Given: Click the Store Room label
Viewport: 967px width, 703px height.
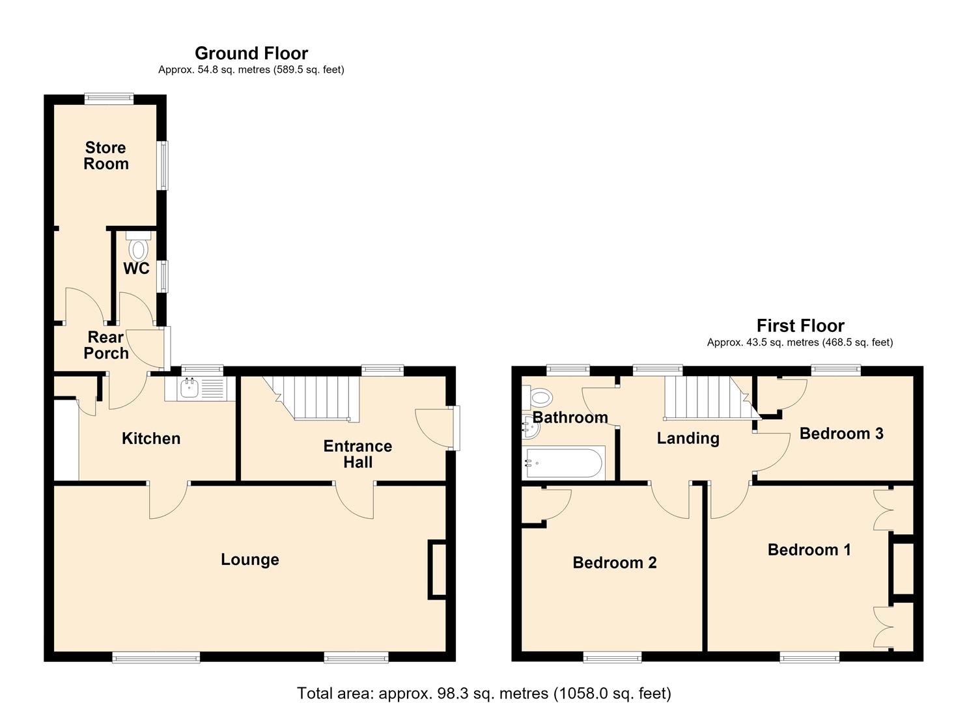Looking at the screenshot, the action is coord(105,156).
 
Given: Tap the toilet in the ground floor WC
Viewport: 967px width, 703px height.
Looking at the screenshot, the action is coord(138,246).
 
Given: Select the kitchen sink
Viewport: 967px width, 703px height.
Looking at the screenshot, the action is coord(200,389).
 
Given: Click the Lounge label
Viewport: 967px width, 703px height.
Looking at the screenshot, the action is coord(250,559).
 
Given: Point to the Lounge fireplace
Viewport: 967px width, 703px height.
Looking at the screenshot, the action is coord(437,570).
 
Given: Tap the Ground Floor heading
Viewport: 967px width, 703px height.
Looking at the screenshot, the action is coord(251,53).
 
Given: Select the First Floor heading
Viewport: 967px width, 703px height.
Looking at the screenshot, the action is coord(800,325).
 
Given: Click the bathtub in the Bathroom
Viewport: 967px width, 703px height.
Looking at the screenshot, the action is coord(563,463).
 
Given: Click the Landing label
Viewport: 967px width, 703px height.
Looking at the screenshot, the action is coord(688,439).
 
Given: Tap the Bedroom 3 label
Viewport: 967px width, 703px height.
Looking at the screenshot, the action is coord(841,434).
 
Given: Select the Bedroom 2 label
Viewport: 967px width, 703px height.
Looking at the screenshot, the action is coord(615,563).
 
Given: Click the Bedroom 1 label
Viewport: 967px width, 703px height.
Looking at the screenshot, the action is coord(809,550).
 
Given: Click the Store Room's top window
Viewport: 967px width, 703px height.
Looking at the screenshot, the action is coord(109,99).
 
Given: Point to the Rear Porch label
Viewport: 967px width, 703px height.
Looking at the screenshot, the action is coord(106,345).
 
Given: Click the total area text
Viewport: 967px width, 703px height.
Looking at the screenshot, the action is coord(484,693).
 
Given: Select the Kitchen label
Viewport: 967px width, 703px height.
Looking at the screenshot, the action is coord(151,439).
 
